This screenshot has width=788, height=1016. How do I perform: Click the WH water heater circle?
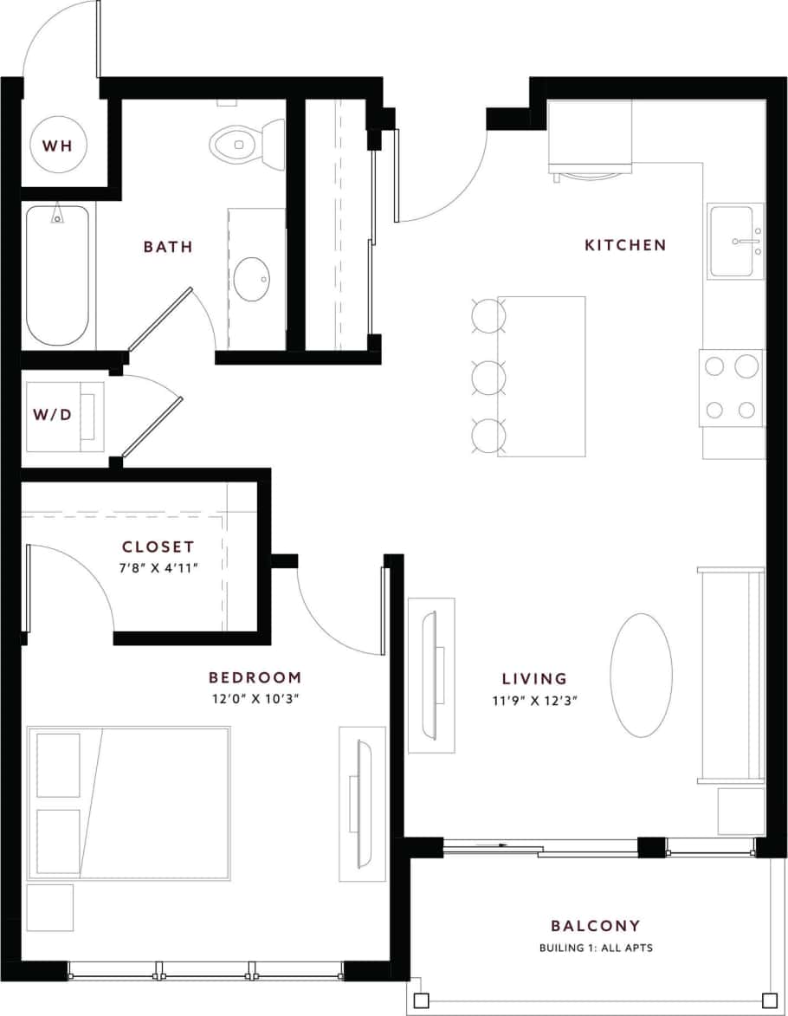58,145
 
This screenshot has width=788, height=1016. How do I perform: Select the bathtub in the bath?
57,275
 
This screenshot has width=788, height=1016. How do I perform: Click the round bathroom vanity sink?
252,279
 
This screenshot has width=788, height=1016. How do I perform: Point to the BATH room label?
168,247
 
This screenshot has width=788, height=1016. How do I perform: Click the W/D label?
52,415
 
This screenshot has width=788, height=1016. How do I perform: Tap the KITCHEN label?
625,245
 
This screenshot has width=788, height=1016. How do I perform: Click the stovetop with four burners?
731,388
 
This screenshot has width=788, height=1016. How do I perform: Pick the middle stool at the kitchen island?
488,377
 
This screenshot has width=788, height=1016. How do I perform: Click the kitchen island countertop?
540,376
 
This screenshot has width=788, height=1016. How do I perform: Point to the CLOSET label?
158,547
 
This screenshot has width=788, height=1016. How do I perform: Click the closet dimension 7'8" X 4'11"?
158,568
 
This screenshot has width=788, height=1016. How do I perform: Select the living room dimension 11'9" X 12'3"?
533,700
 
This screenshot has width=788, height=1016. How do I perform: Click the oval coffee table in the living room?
641,675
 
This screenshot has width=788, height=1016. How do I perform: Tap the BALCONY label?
596,926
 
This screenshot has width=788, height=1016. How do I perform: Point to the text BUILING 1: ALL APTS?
596,948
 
